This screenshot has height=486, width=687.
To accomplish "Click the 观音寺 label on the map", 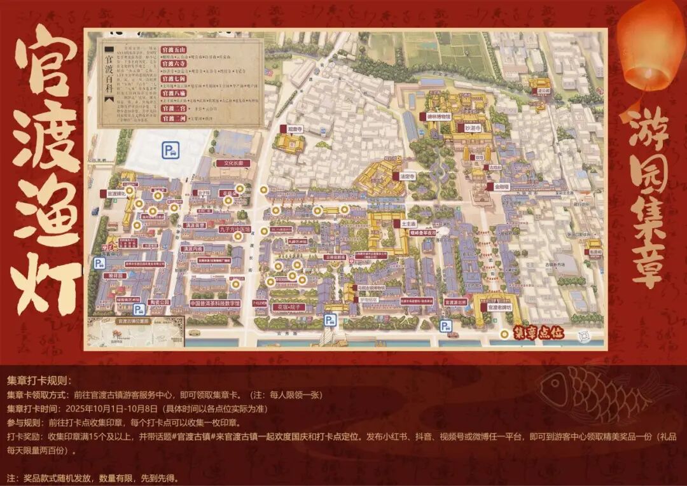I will [293, 128].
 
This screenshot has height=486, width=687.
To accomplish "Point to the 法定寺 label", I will [407, 176].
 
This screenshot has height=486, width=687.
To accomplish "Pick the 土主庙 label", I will [408, 224].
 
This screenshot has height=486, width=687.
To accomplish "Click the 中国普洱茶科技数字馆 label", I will [214, 303].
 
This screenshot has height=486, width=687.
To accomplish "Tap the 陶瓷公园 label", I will [160, 302].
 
